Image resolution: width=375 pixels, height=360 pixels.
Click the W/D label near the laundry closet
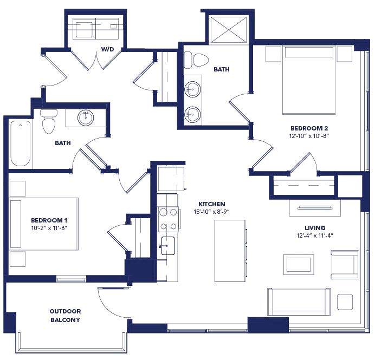[108, 49]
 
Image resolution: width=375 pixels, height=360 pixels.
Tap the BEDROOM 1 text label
[49, 220]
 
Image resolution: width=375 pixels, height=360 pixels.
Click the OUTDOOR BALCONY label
[65, 316]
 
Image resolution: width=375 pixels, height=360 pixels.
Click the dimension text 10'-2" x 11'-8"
[49, 228]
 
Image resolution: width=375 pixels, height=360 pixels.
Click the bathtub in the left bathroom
[20, 143]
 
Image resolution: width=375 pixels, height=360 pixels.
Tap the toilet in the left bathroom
[49, 121]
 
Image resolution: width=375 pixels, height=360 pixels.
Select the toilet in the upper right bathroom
[193, 60]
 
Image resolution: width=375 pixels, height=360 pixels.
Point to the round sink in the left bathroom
[86, 117]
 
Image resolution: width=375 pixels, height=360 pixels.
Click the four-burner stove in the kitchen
[168, 219]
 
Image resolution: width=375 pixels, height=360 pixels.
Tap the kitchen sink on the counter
[167, 245]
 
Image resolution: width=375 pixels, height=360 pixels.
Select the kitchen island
[229, 251]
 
